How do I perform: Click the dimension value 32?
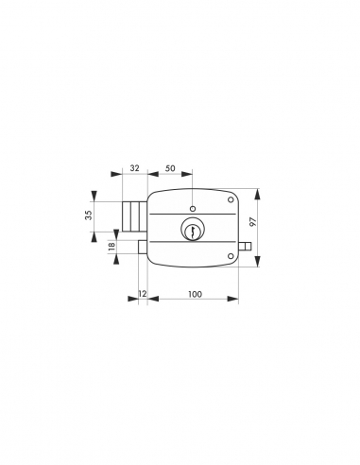coord(134,166)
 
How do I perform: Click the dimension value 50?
coord(169,166)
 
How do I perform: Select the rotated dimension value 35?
coord(89,215)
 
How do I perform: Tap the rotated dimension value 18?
coord(112,247)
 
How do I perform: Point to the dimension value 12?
coord(142,295)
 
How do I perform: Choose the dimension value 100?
coord(194,295)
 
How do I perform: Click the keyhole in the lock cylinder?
coord(192,230)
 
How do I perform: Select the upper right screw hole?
coord(230,199)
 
